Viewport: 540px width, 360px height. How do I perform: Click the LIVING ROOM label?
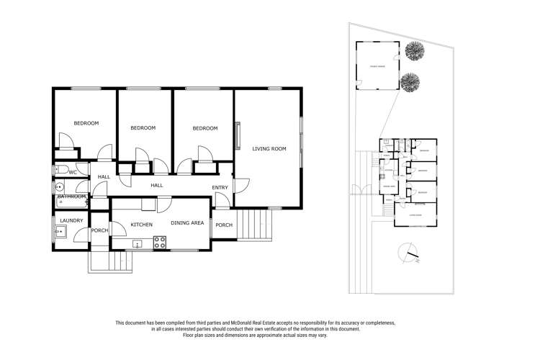(x=269, y=149)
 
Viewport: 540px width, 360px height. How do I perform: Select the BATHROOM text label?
(x=72, y=197)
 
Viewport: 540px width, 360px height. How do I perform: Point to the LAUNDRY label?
(x=72, y=220)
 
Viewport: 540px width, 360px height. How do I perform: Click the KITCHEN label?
(x=141, y=225)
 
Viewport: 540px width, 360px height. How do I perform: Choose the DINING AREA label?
(x=187, y=223)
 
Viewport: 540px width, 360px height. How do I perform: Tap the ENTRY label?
(x=220, y=188)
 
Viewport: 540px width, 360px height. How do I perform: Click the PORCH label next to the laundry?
(x=99, y=230)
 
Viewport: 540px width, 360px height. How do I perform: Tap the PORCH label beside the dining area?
(x=224, y=225)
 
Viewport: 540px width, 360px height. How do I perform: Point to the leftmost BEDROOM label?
(x=86, y=123)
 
